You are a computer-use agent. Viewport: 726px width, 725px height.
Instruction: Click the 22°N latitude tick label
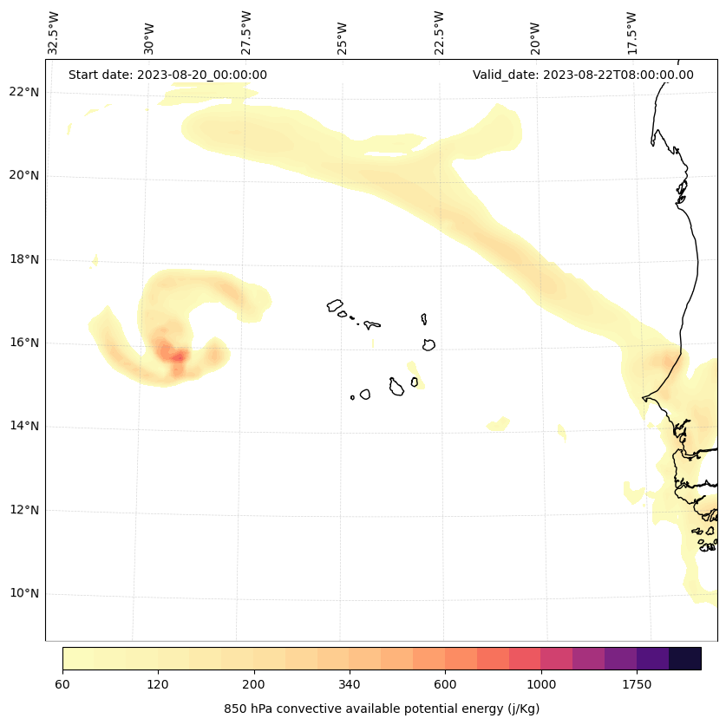pyautogui.click(x=24, y=92)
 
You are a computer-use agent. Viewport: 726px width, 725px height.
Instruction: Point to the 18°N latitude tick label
pyautogui.click(x=24, y=259)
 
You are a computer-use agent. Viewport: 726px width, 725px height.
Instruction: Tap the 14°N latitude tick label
pyautogui.click(x=24, y=426)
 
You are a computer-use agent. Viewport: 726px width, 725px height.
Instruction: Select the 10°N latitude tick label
pyautogui.click(x=24, y=594)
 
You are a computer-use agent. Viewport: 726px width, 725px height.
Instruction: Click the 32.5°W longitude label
pyautogui.click(x=54, y=33)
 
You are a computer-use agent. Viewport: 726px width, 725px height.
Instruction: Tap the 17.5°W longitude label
pyautogui.click(x=631, y=33)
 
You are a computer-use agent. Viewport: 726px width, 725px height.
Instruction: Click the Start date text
pyautogui.click(x=167, y=75)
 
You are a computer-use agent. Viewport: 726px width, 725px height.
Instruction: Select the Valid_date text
pyautogui.click(x=583, y=75)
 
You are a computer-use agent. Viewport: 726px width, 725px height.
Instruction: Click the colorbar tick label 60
pyautogui.click(x=62, y=684)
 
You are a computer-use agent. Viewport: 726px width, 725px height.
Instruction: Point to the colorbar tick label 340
pyautogui.click(x=350, y=684)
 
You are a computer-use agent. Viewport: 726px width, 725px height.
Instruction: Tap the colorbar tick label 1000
pyautogui.click(x=541, y=684)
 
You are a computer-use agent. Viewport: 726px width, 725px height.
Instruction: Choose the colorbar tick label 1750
pyautogui.click(x=637, y=684)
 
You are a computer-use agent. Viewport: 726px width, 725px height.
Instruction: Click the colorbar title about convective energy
pyautogui.click(x=382, y=709)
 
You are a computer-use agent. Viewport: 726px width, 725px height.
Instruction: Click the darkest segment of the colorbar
pyautogui.click(x=685, y=658)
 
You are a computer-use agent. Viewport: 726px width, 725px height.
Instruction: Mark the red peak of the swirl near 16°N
pyautogui.click(x=177, y=356)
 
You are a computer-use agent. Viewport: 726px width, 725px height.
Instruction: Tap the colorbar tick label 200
pyautogui.click(x=254, y=684)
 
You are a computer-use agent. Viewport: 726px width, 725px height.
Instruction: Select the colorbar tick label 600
pyautogui.click(x=445, y=684)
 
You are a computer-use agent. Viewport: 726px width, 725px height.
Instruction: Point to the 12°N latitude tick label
pyautogui.click(x=24, y=510)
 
